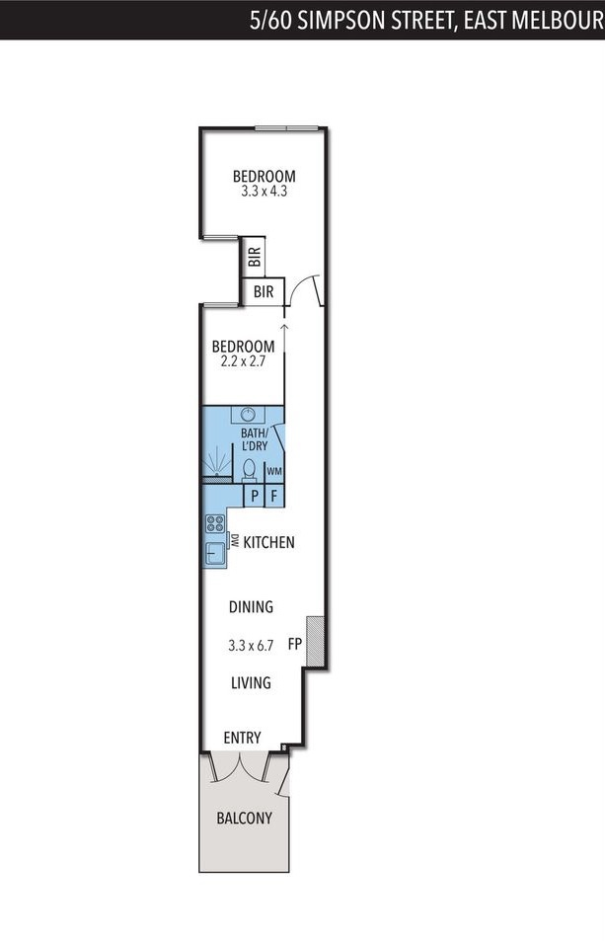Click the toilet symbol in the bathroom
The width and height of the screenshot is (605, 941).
(x=250, y=470)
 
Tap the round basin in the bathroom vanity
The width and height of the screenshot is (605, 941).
(x=249, y=414)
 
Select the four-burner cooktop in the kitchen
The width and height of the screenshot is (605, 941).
(x=214, y=523)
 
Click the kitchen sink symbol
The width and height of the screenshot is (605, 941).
(x=215, y=553)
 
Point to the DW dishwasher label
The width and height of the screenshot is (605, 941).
(x=235, y=540)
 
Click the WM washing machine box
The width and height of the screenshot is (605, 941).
(x=274, y=471)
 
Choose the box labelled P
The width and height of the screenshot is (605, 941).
(x=255, y=496)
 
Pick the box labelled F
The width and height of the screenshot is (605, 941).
(x=274, y=496)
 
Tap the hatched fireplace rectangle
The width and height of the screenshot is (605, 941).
(x=315, y=641)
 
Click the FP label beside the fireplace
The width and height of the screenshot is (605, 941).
(x=294, y=644)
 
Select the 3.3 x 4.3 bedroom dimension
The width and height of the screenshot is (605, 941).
(x=264, y=192)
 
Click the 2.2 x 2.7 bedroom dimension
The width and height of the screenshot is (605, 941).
(x=243, y=361)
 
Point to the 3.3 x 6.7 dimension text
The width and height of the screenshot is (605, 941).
(x=251, y=646)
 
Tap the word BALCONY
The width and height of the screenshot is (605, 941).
(x=244, y=818)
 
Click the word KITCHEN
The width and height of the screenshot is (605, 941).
(x=268, y=542)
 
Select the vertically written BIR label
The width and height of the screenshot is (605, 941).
(x=255, y=257)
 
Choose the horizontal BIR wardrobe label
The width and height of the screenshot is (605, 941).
(x=264, y=291)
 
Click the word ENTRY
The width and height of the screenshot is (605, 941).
(x=242, y=738)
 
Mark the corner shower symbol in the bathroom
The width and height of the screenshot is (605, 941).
(x=216, y=462)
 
